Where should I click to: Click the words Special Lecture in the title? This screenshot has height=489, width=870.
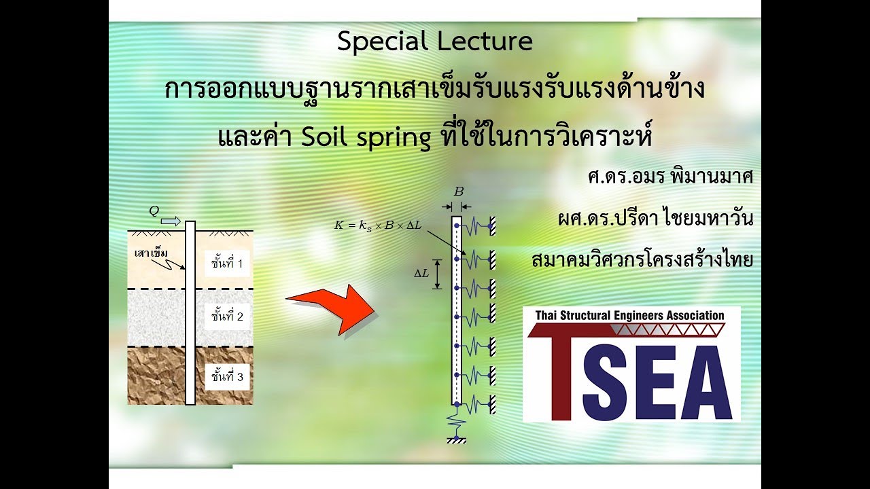434,42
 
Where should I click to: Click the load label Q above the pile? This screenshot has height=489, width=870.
154,211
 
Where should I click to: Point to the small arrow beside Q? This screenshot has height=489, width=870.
171,221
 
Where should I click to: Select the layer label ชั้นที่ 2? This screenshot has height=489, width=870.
227,316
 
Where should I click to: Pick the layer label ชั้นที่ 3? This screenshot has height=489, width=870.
227,376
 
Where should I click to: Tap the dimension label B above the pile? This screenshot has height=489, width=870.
458,192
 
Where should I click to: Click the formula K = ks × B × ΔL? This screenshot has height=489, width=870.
378,225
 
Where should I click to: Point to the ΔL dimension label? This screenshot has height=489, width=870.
422,273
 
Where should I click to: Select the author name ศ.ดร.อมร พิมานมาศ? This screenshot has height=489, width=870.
670,177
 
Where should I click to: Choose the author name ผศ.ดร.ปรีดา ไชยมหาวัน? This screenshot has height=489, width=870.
655,219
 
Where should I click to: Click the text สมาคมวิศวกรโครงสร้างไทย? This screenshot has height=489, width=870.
642,260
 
